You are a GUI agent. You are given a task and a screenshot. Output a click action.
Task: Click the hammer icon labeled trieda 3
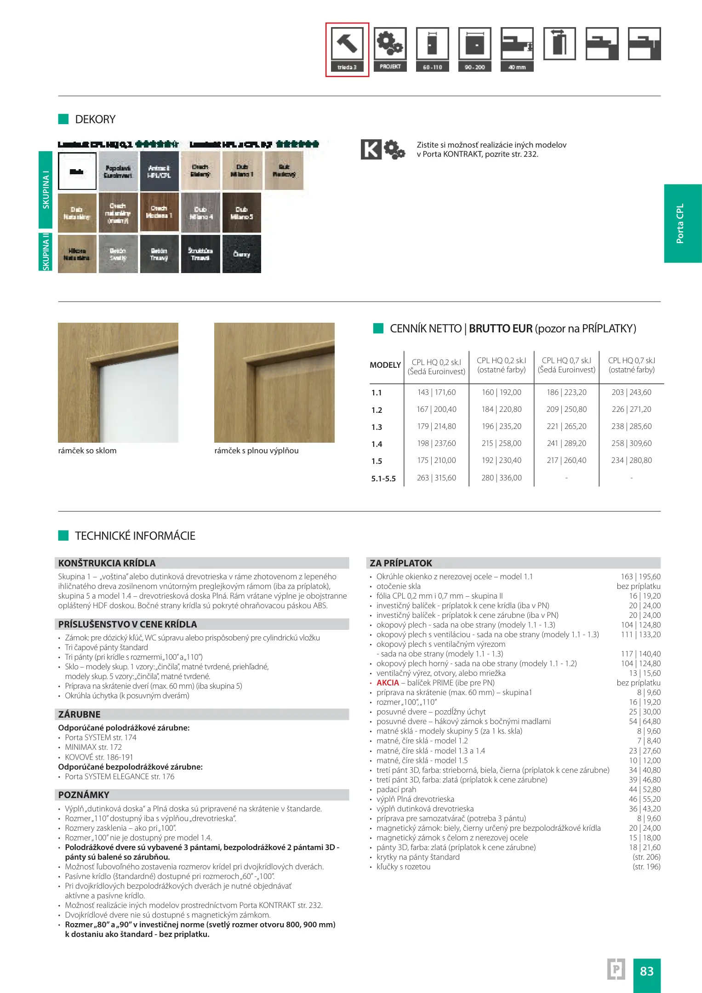pos(347,44)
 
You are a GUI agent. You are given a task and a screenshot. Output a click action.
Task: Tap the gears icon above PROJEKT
pos(390,44)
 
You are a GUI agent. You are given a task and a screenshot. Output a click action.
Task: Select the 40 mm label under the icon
pos(517,67)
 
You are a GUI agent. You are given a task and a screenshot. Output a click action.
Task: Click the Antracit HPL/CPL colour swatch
pos(159,171)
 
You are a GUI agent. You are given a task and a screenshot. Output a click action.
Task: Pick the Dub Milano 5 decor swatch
pos(241,212)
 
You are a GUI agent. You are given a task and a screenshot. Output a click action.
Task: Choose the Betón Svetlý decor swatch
pos(118,254)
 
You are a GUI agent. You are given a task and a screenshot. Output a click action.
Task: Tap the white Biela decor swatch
pos(77,171)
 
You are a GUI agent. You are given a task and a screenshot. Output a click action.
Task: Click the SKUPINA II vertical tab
pos(46,252)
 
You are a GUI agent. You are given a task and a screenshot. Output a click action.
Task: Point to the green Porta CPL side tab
pos(682,223)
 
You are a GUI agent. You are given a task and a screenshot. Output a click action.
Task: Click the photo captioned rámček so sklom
pos(118,382)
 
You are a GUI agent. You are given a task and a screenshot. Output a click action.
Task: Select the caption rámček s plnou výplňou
pos(256,451)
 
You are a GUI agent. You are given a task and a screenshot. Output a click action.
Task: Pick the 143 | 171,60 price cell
pos(436,392)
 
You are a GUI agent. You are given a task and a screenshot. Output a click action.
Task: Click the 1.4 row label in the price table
pos(377,444)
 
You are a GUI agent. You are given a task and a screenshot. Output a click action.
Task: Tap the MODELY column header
pos(385,365)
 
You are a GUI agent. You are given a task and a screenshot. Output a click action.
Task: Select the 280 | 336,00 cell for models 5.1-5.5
pos(501,478)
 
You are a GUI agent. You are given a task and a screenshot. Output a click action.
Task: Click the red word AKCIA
pos(388,683)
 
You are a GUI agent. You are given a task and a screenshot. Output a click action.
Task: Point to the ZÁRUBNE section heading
pos(79,714)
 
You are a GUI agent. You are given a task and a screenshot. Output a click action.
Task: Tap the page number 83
pos(646,971)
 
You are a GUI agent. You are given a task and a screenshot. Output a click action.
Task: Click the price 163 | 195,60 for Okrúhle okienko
pos(640,576)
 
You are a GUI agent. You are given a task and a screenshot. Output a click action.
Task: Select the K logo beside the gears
pos(371,149)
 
